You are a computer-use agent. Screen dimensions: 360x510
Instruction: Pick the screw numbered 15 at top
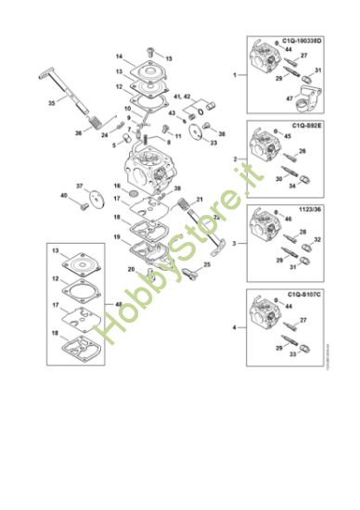tap(168, 57)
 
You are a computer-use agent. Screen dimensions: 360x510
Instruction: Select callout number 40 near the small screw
tap(63, 196)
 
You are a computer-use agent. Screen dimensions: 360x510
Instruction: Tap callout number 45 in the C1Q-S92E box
tap(288, 136)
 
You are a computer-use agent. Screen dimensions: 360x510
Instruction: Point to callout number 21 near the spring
tap(199, 198)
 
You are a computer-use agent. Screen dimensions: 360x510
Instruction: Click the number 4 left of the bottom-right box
tap(233, 327)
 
